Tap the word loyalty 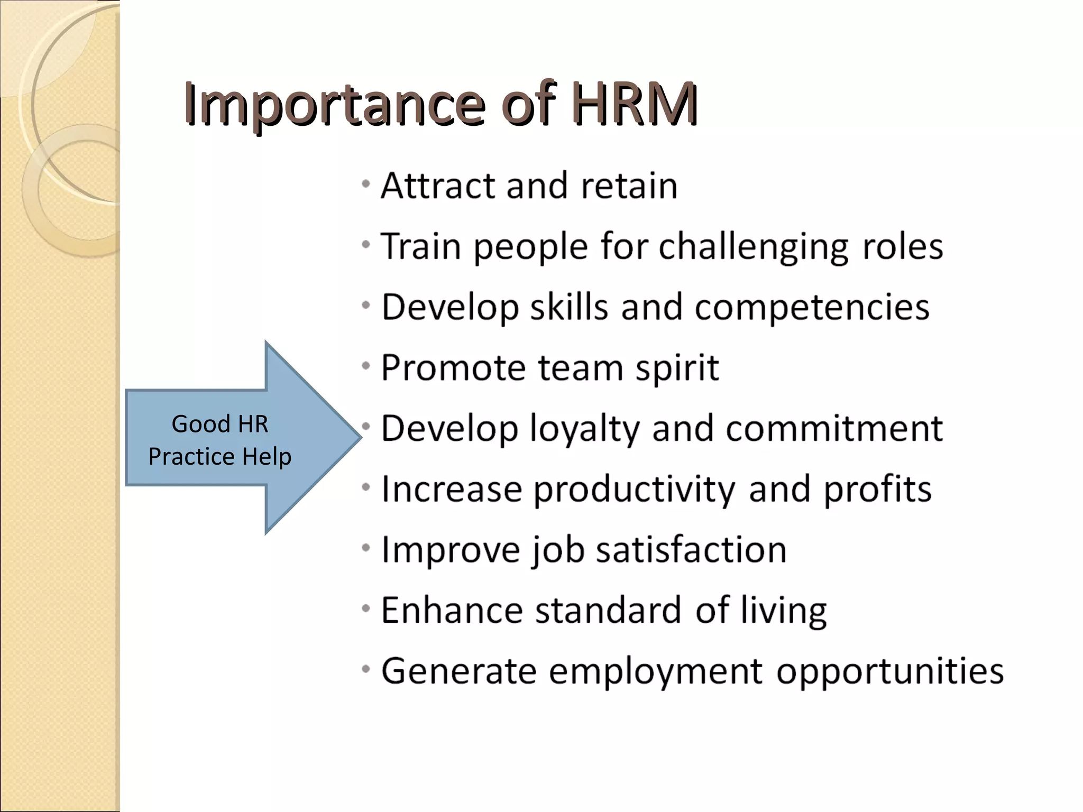click(x=584, y=428)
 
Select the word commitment click(x=834, y=428)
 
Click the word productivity click(x=634, y=489)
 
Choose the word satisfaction click(x=691, y=550)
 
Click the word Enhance click(x=452, y=610)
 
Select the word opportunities click(x=890, y=671)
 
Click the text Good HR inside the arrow click(x=220, y=424)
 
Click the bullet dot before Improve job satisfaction click(x=365, y=548)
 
